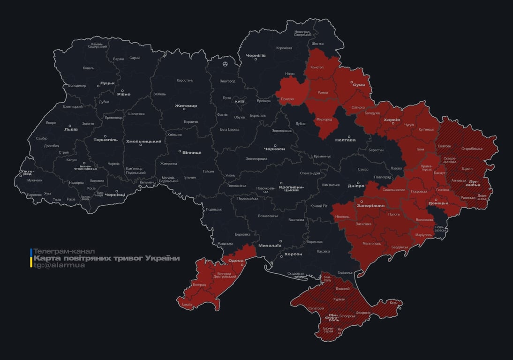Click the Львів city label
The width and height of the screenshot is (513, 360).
pyautogui.click(x=71, y=130)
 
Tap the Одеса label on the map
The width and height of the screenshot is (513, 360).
pyautogui.click(x=236, y=261)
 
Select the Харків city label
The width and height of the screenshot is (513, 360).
pyautogui.click(x=392, y=120)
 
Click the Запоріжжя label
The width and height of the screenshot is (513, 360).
pyautogui.click(x=371, y=205)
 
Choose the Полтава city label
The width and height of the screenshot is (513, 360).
pyautogui.click(x=345, y=140)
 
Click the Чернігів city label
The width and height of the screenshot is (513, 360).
pyautogui.click(x=256, y=55)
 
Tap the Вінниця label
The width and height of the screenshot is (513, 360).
pyautogui.click(x=192, y=152)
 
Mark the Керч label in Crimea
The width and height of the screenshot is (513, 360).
pyautogui.click(x=393, y=303)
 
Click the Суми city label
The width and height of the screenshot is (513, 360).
pyautogui.click(x=359, y=85)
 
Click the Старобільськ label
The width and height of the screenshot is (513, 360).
pyautogui.click(x=472, y=149)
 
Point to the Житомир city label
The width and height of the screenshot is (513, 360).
pyautogui.click(x=186, y=106)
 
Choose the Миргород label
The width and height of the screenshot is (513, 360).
pyautogui.click(x=324, y=120)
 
